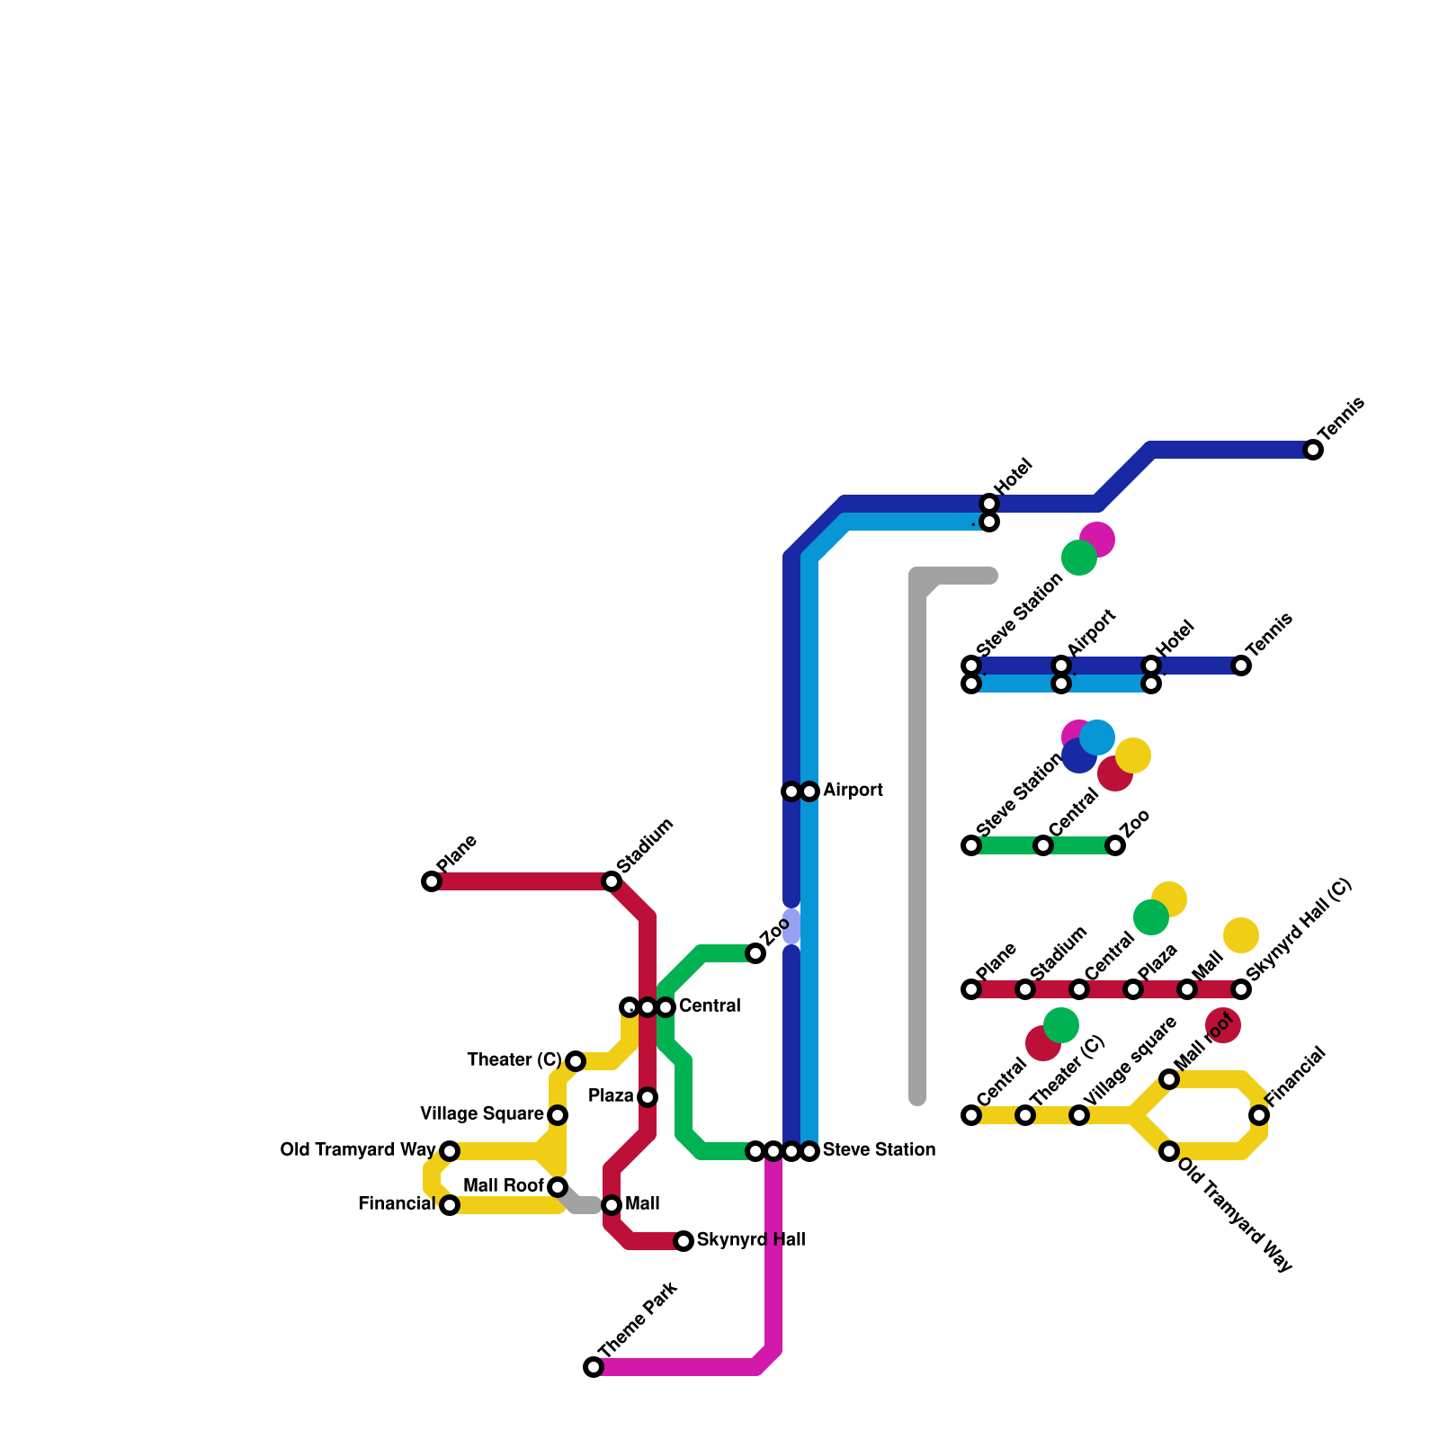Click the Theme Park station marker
click(x=594, y=1367)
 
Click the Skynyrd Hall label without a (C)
click(x=751, y=1240)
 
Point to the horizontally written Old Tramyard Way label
click(x=358, y=1150)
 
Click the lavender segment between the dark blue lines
click(x=791, y=926)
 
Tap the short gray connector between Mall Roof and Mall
click(x=580, y=1202)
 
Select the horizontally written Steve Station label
click(x=879, y=1150)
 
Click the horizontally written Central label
click(x=710, y=1006)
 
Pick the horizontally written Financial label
click(x=397, y=1204)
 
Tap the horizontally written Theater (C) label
click(x=514, y=1060)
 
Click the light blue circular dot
click(x=1097, y=737)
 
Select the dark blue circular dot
click(x=1077, y=757)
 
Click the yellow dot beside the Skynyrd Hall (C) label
click(x=1241, y=935)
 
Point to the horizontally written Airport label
click(x=853, y=791)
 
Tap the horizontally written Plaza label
click(x=612, y=1096)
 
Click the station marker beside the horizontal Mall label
click(x=612, y=1205)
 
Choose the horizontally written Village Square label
click(x=482, y=1114)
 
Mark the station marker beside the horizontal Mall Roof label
click(x=558, y=1187)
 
